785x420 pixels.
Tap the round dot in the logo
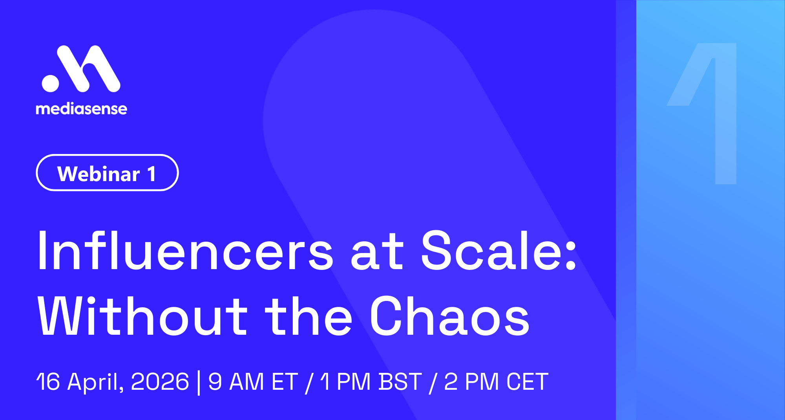point(50,83)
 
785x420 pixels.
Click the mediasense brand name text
point(82,109)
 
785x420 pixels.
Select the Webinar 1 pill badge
point(107,173)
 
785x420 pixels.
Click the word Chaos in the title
point(449,316)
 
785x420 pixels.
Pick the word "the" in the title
point(309,316)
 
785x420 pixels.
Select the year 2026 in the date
point(160,381)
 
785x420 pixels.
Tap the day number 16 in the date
point(48,381)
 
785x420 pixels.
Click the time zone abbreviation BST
point(400,381)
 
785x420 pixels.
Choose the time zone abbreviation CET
point(527,381)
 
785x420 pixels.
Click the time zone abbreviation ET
point(285,381)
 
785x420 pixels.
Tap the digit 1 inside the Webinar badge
point(152,174)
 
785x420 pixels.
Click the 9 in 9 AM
point(215,381)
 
